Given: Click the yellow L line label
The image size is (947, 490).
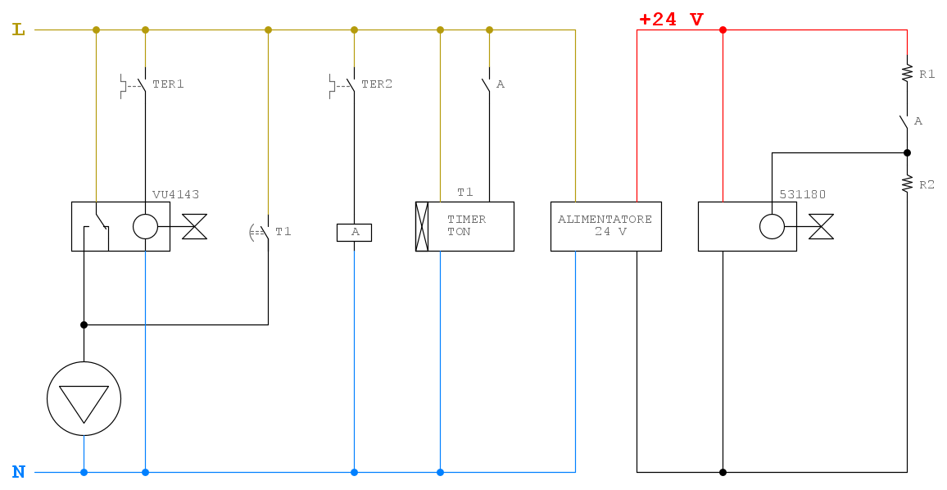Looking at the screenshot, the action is [x=19, y=29].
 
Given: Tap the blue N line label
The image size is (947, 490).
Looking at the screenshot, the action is [x=19, y=472].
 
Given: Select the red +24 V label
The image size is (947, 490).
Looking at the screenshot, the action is [x=671, y=20].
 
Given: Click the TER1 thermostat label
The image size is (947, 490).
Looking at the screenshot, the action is [x=168, y=84].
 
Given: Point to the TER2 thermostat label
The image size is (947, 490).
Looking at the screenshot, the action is [x=377, y=84].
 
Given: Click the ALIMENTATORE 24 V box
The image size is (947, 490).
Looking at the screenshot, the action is [x=605, y=227].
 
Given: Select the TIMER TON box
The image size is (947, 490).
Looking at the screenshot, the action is [x=464, y=227].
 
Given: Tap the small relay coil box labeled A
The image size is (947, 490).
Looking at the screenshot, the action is [x=355, y=232].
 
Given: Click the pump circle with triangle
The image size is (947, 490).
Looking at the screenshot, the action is [x=84, y=399].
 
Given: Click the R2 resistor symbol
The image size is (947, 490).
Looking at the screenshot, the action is [x=907, y=184].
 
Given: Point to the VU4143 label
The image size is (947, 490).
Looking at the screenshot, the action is [x=176, y=194].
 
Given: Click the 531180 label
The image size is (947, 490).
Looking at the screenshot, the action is [x=803, y=194].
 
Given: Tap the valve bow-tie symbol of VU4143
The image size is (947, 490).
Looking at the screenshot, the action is [x=194, y=227].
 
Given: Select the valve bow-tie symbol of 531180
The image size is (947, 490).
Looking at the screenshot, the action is [x=821, y=227].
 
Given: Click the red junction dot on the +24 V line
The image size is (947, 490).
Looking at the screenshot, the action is [x=723, y=29].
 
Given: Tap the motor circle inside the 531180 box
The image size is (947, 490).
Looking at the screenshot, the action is [x=772, y=227].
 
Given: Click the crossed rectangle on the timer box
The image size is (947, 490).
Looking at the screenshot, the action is [x=422, y=227].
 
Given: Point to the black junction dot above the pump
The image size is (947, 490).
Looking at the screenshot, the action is [x=84, y=325].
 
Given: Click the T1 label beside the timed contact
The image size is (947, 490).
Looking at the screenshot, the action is [x=283, y=231].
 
